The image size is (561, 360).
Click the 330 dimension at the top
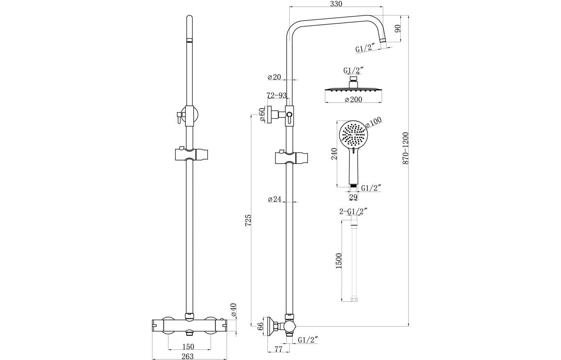coord(336,4)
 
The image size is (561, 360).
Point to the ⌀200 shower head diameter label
coord(354,100)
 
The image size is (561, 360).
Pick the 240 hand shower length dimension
coord(333,154)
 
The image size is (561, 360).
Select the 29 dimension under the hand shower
coord(353,197)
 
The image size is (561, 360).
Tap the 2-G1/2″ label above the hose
coord(353,211)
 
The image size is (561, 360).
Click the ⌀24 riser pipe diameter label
coord(275,199)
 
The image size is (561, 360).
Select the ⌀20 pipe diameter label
coord(274,77)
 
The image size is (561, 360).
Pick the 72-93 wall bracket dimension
coord(277,96)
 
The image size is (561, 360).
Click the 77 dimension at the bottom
coord(278,349)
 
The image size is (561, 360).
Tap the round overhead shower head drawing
coord(353,90)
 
